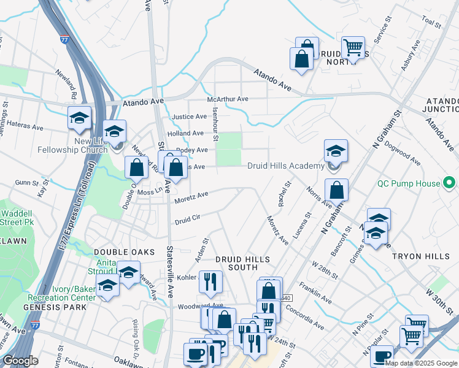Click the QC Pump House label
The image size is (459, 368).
[409, 183]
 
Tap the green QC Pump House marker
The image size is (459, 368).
[449, 183]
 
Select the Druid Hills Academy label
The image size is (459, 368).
[285, 166]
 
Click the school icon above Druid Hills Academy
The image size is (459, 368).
[336, 151]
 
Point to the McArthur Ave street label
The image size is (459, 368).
[228, 99]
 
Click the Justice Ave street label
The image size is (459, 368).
[190, 117]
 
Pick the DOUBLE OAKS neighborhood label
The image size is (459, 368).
[120, 252]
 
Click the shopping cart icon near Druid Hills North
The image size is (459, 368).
[353, 47]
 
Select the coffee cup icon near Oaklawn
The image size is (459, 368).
[196, 354]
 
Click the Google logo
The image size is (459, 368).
[20, 361]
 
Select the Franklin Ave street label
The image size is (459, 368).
[316, 293]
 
